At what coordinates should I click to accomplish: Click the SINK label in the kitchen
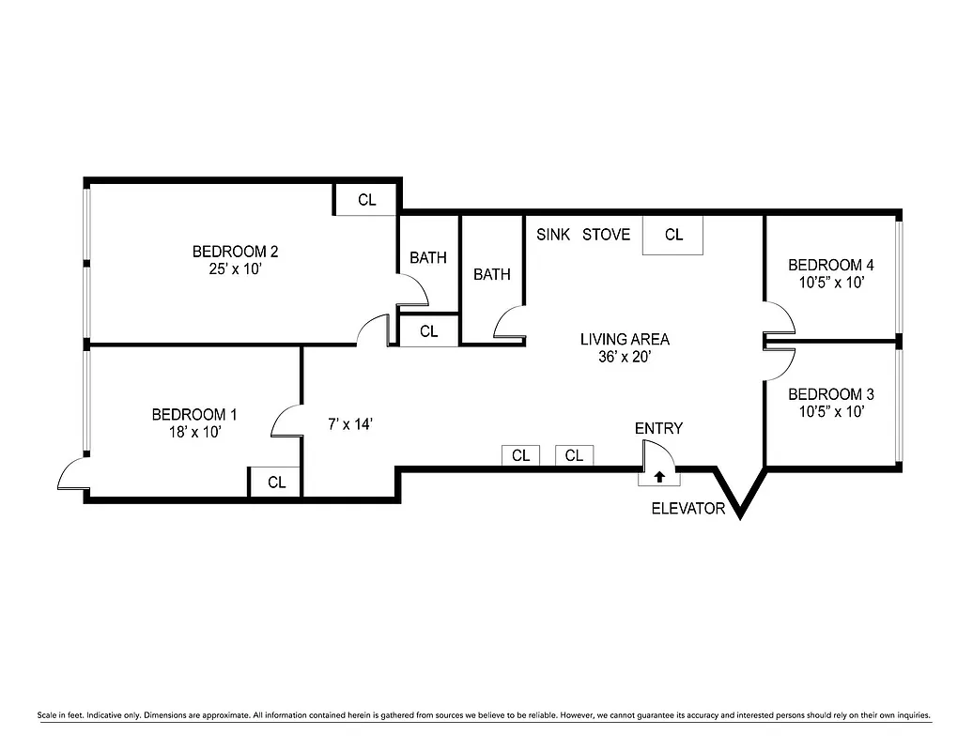553,235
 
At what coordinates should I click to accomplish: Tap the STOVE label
606,235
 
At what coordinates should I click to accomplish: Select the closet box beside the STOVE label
673,236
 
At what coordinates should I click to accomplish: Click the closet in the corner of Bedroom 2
366,200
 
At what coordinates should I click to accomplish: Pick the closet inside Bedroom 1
276,483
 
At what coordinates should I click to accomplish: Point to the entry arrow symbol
659,477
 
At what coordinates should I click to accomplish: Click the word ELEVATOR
688,509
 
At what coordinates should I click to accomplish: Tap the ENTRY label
658,428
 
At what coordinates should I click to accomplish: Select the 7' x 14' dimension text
350,424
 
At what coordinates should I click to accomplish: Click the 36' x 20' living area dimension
625,357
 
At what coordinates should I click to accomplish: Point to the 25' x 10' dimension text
235,268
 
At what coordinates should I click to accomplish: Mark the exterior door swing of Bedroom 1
72,475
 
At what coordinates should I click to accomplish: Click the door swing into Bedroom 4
780,319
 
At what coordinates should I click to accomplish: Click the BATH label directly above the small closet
428,257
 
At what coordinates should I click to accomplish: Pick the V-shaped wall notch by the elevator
740,493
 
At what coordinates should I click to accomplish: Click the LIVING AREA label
625,340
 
